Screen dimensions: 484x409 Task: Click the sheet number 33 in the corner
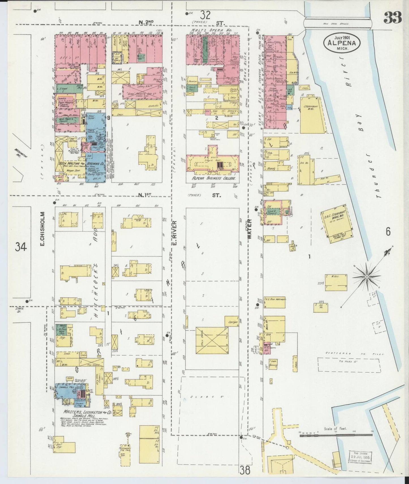click(x=393, y=18)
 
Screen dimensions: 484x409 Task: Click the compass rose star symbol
click(x=367, y=276)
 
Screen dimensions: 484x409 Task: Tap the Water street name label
click(x=250, y=229)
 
